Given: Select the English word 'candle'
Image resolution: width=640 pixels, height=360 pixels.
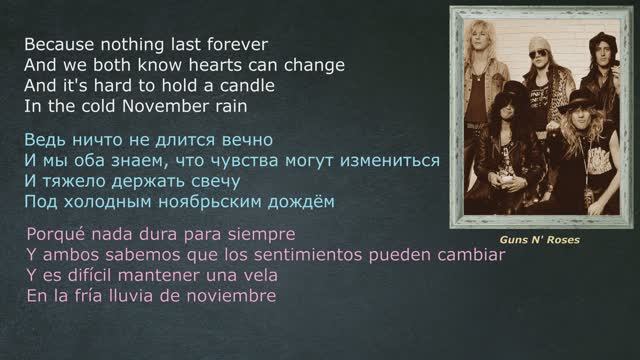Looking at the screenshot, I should [x=248, y=86].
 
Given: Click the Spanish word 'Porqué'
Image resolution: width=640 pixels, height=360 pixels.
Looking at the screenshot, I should [x=56, y=235].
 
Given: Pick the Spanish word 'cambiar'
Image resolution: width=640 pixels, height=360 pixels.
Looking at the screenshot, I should [x=471, y=255].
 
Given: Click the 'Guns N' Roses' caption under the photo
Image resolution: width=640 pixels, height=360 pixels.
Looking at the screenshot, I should [x=541, y=241].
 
